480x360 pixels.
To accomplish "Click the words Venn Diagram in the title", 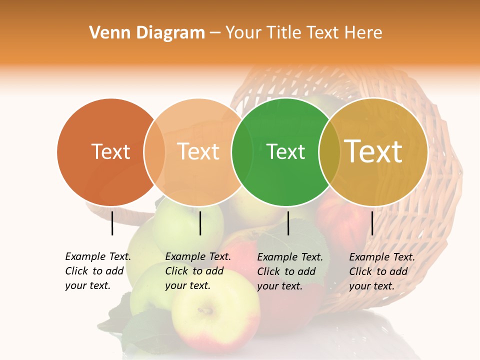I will point(147,33).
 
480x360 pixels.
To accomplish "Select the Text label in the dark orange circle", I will point(110,151).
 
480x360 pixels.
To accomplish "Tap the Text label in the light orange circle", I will point(198,151).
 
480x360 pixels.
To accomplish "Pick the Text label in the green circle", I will point(286,151).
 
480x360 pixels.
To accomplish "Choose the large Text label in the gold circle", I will point(373,151).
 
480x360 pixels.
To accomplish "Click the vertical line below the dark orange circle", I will point(112,223).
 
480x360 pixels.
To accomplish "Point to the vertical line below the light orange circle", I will point(200,223).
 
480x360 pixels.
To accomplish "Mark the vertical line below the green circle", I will point(288,223).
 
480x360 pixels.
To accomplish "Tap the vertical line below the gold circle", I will point(372,223).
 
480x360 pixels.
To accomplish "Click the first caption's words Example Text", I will point(98,256).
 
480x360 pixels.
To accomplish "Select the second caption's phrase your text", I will point(187,285).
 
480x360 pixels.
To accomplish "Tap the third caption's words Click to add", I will point(286,271).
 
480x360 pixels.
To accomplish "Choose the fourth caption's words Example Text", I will point(382,257).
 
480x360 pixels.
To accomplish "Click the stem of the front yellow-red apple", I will point(204,310).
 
